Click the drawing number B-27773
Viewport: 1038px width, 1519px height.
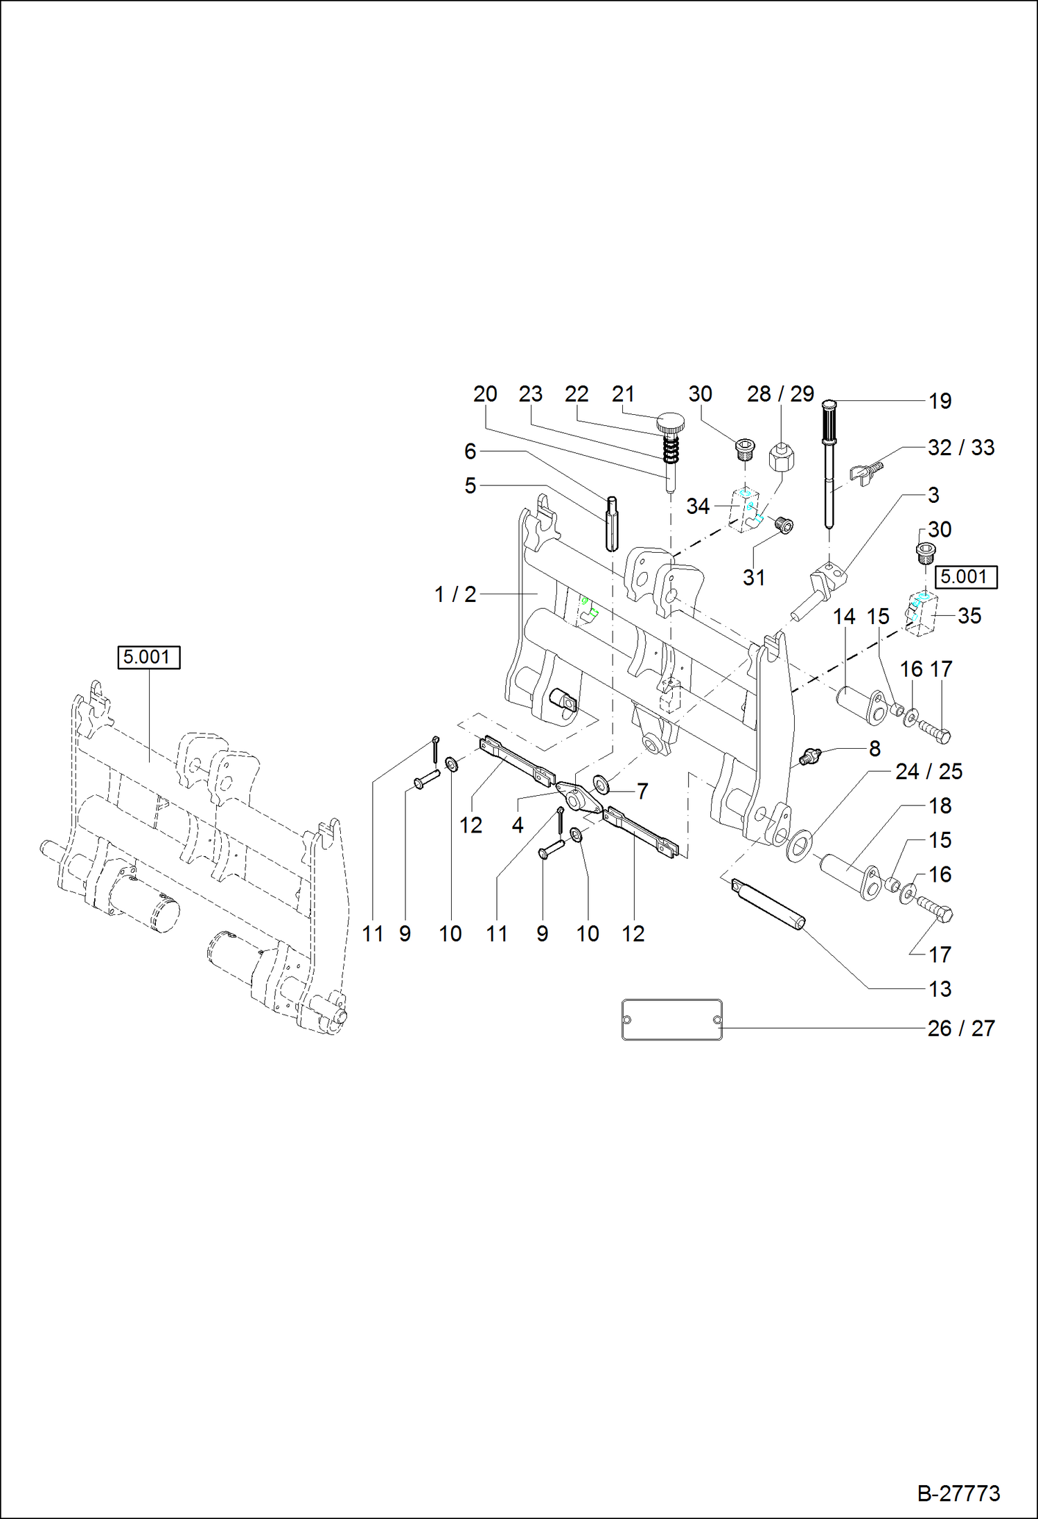[958, 1493]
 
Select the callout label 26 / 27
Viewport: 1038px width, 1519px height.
[960, 1029]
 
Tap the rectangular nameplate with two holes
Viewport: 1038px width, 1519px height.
[671, 1020]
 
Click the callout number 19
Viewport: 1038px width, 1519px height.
[940, 401]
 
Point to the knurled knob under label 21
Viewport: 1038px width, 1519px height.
[670, 421]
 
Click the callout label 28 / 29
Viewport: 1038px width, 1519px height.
[780, 394]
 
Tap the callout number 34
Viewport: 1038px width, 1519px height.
[698, 506]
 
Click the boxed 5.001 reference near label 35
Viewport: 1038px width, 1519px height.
[966, 576]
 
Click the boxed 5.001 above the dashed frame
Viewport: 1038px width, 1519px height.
[148, 657]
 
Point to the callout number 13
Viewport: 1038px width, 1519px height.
[940, 989]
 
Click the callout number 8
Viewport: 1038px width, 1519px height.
[874, 749]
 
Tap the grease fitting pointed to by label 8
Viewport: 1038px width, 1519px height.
[809, 756]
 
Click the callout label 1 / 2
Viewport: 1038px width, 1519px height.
[455, 594]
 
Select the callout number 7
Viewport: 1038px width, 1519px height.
[642, 791]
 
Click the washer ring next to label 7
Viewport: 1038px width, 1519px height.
[601, 785]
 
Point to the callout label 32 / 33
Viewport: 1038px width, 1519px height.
[960, 447]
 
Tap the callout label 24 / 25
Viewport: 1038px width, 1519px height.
[929, 772]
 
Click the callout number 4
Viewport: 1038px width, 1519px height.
[517, 825]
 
